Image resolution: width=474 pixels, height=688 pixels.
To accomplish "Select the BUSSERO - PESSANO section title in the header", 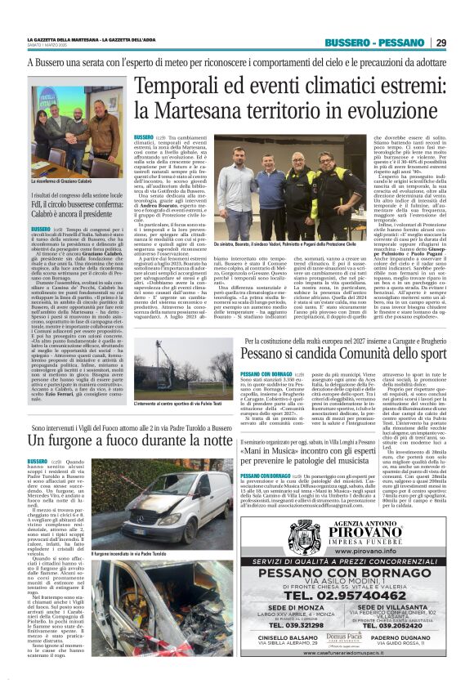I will point(378,42).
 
